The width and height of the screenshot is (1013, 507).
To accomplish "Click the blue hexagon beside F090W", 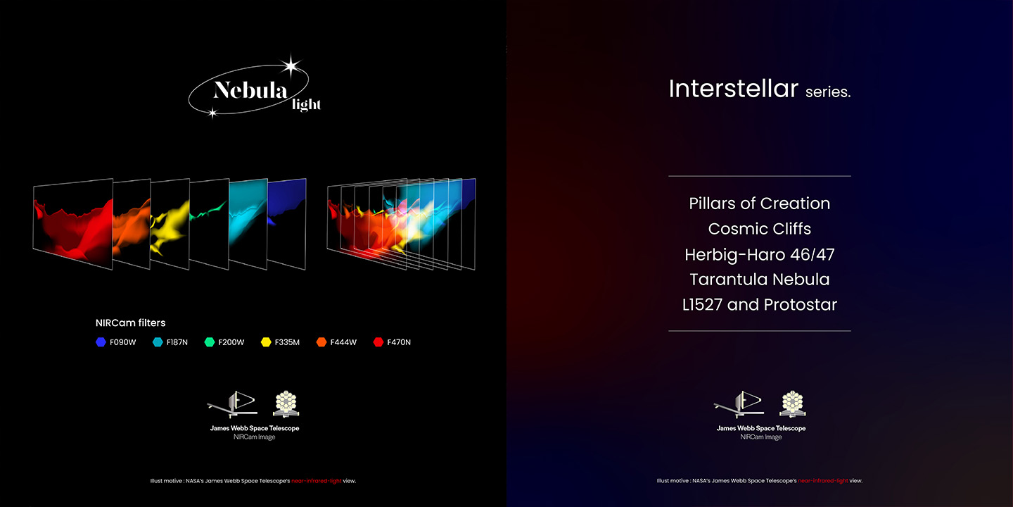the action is (x=101, y=342).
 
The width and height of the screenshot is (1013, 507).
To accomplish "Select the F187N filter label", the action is (x=177, y=342).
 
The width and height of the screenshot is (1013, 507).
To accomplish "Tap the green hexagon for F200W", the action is (x=210, y=342).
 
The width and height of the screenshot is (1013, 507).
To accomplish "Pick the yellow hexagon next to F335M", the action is (x=266, y=342).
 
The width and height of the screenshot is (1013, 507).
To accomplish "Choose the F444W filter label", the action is (x=343, y=342).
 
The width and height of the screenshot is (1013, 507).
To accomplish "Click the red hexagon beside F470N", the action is (x=378, y=342).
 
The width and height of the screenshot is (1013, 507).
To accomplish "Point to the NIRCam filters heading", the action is (x=130, y=323).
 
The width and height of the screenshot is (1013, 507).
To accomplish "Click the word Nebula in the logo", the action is (x=250, y=89).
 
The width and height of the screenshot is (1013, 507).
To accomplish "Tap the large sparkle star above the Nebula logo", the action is (x=291, y=66).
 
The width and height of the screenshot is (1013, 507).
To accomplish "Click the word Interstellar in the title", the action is (x=734, y=88).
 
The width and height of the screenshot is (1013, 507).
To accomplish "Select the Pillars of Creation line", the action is (x=760, y=204).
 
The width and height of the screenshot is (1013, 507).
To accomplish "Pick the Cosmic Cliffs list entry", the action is (x=760, y=229).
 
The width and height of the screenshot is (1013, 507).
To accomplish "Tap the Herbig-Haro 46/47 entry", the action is (x=760, y=254).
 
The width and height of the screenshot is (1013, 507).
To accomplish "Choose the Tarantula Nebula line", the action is (x=760, y=280).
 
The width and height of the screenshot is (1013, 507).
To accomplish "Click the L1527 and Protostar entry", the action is (x=760, y=305).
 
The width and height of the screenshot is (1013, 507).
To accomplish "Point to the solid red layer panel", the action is (x=73, y=224).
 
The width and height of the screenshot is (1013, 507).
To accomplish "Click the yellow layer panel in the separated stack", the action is (x=170, y=224).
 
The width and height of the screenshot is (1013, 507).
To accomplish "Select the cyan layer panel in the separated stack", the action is (x=248, y=224).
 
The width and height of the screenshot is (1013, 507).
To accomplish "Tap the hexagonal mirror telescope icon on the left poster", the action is (x=286, y=403).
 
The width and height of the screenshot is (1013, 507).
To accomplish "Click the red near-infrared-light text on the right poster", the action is (x=823, y=481).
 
